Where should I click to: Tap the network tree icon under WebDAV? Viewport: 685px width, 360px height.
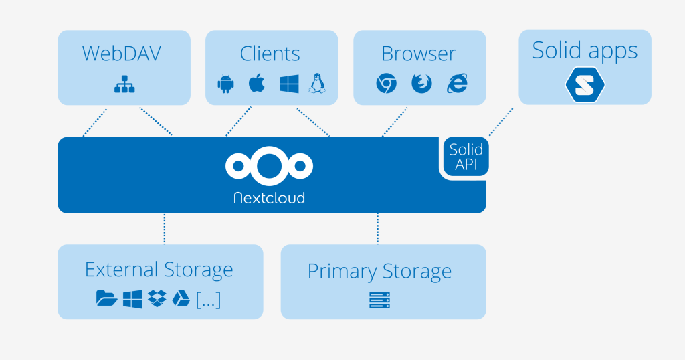coord(124,84)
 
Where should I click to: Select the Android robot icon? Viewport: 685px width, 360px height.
coord(225,84)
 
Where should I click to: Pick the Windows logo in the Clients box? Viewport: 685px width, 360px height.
coord(288,84)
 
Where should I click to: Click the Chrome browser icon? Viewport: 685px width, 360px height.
coord(385,84)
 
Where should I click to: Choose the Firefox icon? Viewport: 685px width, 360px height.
coord(421,84)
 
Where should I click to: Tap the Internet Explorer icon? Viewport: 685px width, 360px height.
coord(458,84)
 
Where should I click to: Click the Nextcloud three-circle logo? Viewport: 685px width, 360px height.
coord(269,165)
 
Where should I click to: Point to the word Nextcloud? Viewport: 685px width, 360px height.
coord(269,198)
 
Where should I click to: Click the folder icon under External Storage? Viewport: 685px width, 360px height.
coord(106,299)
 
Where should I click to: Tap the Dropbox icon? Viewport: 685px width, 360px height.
coord(157,299)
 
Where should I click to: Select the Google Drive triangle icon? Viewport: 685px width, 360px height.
coord(181,299)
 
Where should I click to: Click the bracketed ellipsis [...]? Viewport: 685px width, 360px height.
coord(208,300)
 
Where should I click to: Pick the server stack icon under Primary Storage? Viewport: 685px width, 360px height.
coord(379,300)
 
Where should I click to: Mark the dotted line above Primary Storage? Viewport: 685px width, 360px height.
coord(378,229)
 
